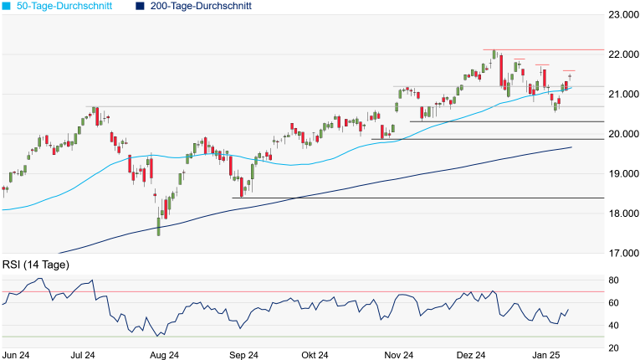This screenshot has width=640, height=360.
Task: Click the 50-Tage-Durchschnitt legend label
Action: [x=64, y=6]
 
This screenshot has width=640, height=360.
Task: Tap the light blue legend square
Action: [x=6, y=6]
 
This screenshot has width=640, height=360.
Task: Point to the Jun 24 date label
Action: [x=17, y=355]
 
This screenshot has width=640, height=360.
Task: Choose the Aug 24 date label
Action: [x=164, y=355]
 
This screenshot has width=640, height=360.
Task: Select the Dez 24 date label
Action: [x=473, y=355]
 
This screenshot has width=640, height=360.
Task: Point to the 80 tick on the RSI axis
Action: [x=613, y=280]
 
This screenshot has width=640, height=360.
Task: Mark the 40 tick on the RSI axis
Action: [x=613, y=325]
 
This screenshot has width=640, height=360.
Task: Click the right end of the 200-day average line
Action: [x=571, y=147]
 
